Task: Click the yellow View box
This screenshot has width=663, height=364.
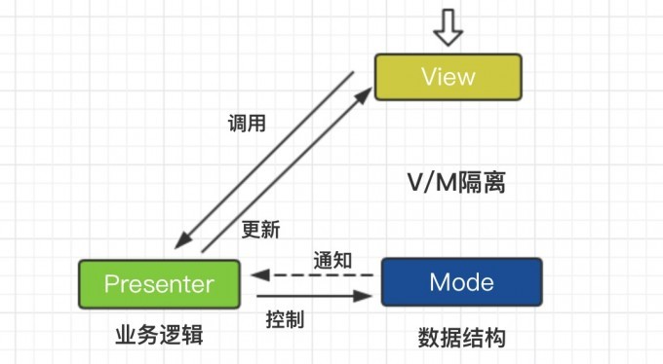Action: click(448, 77)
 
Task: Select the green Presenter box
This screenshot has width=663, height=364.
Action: click(159, 284)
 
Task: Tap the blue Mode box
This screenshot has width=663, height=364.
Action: click(461, 282)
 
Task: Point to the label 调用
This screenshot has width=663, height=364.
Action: click(247, 124)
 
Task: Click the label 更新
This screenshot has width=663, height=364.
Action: click(260, 231)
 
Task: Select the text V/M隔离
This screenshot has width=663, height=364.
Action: click(455, 182)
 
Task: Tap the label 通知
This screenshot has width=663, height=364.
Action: click(332, 260)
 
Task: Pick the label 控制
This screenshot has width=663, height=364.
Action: click(285, 318)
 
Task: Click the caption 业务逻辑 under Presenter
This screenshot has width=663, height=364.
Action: click(158, 336)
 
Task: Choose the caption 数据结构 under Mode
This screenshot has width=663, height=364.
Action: click(462, 337)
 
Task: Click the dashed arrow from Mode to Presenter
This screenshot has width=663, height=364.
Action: click(312, 275)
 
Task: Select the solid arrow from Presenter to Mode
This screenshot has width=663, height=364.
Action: click(312, 295)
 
